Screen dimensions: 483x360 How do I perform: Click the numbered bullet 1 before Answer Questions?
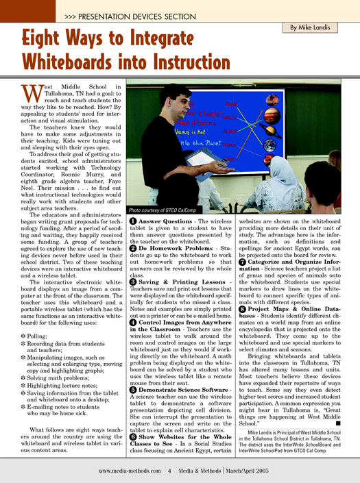[132, 222]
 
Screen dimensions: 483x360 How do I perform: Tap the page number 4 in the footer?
[169, 471]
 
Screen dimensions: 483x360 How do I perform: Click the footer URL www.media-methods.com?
[130, 471]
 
